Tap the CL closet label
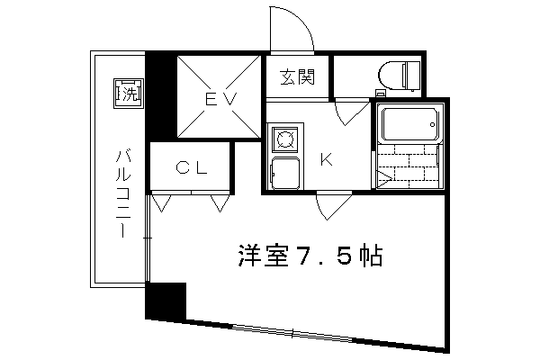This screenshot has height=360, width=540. click(x=192, y=167)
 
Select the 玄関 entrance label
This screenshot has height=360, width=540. click(x=297, y=77)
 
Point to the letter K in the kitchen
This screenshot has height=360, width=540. click(x=327, y=159)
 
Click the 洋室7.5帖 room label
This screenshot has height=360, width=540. click(x=310, y=256)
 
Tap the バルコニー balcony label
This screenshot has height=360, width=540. click(x=123, y=193)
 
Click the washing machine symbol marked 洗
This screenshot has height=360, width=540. click(x=129, y=94)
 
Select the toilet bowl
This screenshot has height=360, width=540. click(x=391, y=75)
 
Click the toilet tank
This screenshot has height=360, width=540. click(x=412, y=76)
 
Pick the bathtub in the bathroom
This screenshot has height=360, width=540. click(x=409, y=124)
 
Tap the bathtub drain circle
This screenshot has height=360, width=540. click(x=432, y=124)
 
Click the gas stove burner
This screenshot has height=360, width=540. click(x=284, y=139)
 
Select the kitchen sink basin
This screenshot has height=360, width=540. click(x=285, y=173)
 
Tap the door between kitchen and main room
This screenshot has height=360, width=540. click(x=332, y=207)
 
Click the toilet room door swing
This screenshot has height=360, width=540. click(x=351, y=113)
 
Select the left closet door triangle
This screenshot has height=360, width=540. click(x=161, y=203)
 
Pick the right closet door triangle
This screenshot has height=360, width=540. click(x=220, y=203)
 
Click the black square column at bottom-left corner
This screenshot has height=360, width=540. click(x=166, y=301)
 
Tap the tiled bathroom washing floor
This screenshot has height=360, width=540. click(x=409, y=165)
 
